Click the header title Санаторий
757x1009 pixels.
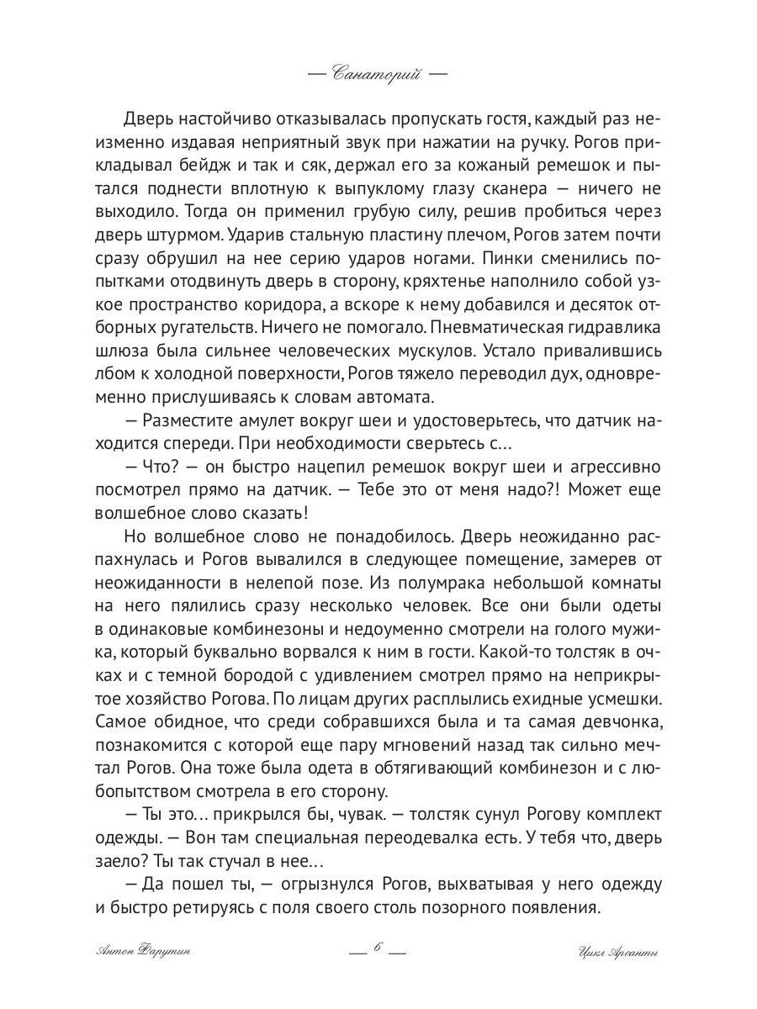378,74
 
